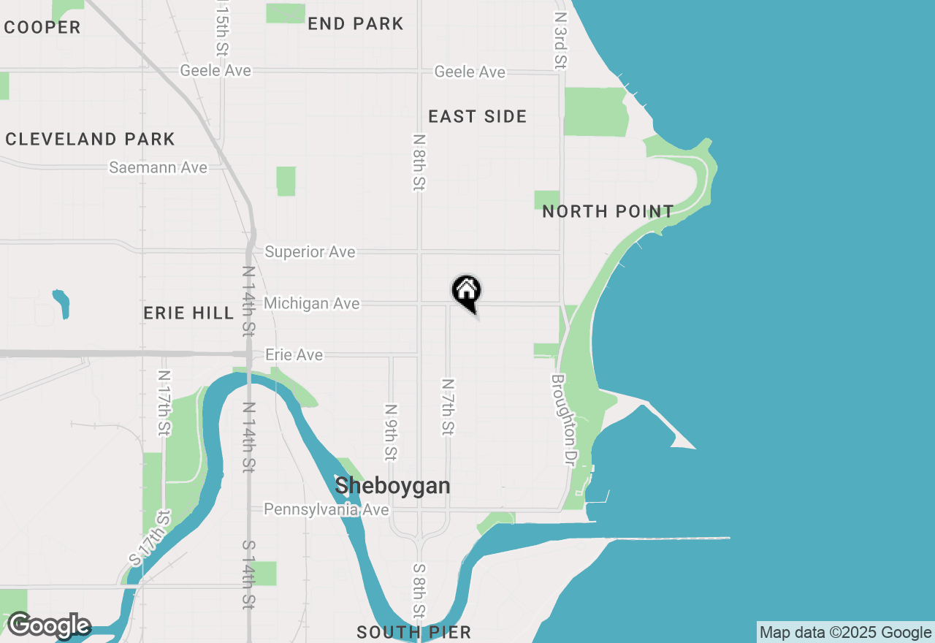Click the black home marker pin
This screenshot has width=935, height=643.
pos(466,292)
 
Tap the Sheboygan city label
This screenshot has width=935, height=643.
pos(392,485)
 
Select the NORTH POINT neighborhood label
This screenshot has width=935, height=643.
pos(608,212)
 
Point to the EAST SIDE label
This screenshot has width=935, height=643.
pos(477,117)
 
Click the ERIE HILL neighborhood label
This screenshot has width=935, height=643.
pos(188,313)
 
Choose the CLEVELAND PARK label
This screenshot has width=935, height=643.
pos(90,139)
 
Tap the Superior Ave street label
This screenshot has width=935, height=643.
pos(310,252)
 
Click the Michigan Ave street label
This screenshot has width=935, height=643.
pos(312,303)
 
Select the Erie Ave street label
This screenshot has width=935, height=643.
pos(294,355)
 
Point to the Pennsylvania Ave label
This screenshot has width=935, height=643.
pos(326,509)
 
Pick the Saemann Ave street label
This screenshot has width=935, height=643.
pos(158,168)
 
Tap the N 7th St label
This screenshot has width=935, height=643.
pos(448,407)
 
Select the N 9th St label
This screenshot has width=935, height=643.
pos(392,433)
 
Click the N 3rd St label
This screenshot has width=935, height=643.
pos(560,40)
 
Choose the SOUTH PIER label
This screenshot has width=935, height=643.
pos(413,632)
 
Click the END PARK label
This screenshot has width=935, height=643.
pos(355,23)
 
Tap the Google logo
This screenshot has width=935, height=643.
pos(48,625)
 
